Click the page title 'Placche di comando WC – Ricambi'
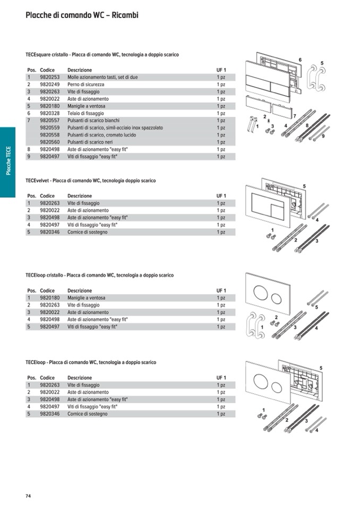click(x=82, y=15)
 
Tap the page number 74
click(x=29, y=496)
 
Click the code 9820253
click(x=49, y=77)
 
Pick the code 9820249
click(x=49, y=84)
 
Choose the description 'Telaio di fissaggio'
click(x=85, y=114)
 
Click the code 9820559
click(x=49, y=128)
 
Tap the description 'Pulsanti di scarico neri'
click(x=91, y=142)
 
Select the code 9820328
click(x=49, y=114)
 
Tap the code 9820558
click(x=49, y=135)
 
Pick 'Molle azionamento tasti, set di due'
click(x=102, y=77)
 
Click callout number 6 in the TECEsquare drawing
click(x=300, y=59)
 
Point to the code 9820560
click(x=49, y=142)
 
